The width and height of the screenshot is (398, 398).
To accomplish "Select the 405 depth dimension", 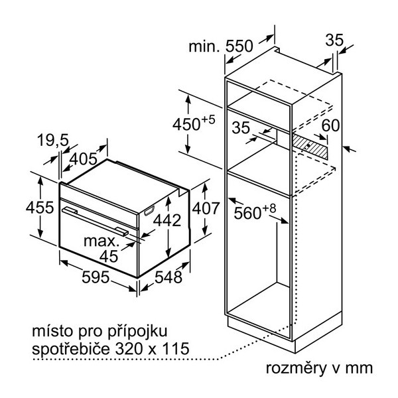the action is click(x=84, y=159).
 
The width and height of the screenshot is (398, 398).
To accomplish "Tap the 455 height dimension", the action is click(x=40, y=208).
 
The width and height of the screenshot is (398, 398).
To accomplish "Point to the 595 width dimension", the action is click(x=96, y=277).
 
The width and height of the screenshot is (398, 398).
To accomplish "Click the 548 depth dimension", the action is click(x=168, y=277).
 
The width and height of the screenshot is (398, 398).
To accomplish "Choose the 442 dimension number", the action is click(x=167, y=220).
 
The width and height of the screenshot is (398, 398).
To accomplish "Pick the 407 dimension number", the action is click(x=206, y=208).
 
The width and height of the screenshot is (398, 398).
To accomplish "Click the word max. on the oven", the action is click(x=101, y=241).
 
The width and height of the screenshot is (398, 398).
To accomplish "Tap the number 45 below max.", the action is click(x=109, y=256).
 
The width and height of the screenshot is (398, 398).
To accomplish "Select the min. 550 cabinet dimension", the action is click(x=221, y=46).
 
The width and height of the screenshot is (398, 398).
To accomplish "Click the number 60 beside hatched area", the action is click(x=330, y=125).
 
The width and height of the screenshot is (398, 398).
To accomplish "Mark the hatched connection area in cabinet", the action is click(x=310, y=146).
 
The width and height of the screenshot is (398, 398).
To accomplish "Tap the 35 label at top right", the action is click(x=334, y=40).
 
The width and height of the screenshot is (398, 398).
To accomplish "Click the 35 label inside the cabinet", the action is click(x=241, y=127).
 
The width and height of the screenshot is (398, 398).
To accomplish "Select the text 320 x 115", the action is click(x=153, y=348).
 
